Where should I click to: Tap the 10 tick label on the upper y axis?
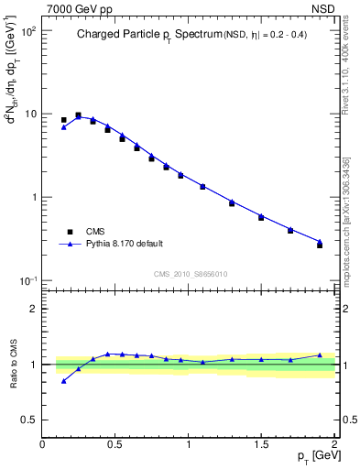[x=29, y=115]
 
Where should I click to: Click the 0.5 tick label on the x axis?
[x=115, y=444]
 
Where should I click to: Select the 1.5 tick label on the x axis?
[x=261, y=444]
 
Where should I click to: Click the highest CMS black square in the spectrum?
[x=78, y=115]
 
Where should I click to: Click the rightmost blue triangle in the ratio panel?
[x=320, y=355]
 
